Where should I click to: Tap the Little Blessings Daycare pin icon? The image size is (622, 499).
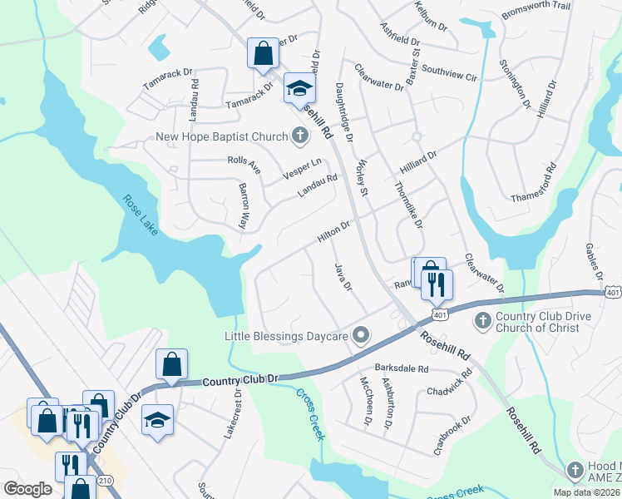(x=361, y=335)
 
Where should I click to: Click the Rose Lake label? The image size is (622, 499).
(x=140, y=214)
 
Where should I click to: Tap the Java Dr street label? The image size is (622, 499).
(x=343, y=275)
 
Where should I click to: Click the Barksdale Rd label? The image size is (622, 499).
(x=401, y=368)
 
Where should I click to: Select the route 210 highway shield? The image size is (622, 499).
(x=105, y=480)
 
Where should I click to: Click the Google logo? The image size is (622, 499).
(x=27, y=489)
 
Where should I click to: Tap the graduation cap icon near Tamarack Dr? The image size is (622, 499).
(x=299, y=88)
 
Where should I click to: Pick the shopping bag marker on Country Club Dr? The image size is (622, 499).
(x=171, y=364)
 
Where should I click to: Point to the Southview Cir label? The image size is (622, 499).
(x=449, y=73)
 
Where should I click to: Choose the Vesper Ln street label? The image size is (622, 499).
(x=302, y=169)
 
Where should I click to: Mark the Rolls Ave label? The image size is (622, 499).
(x=244, y=166)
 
